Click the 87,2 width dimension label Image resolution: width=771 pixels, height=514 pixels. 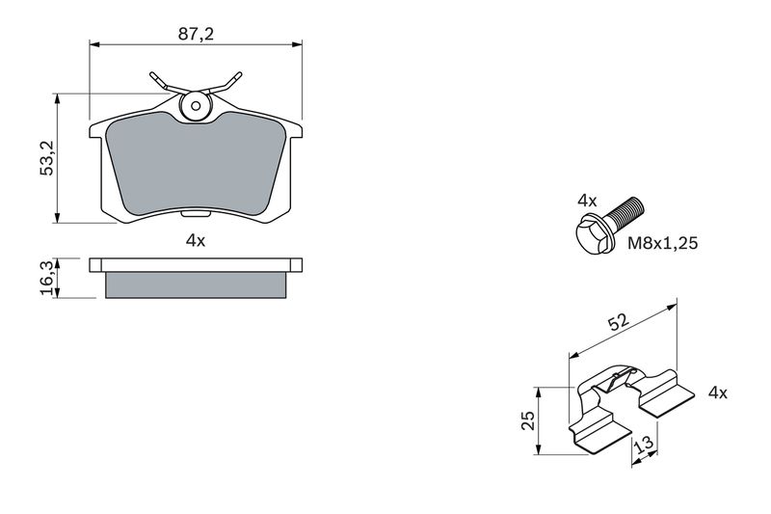pyautogui.click(x=196, y=35)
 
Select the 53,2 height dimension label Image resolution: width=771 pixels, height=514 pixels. pyautogui.click(x=47, y=158)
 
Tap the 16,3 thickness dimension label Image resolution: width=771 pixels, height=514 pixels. pyautogui.click(x=47, y=278)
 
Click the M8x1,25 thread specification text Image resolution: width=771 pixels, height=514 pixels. pyautogui.click(x=662, y=243)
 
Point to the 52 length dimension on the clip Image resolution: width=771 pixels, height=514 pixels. pyautogui.click(x=618, y=322)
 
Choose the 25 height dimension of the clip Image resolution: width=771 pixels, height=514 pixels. pyautogui.click(x=527, y=420)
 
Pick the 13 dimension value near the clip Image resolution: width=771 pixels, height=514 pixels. pyautogui.click(x=644, y=444)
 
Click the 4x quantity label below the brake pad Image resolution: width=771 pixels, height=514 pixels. pyautogui.click(x=196, y=240)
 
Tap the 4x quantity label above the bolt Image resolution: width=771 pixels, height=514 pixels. pyautogui.click(x=587, y=201)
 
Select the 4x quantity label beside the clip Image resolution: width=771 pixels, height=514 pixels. pyautogui.click(x=717, y=392)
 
